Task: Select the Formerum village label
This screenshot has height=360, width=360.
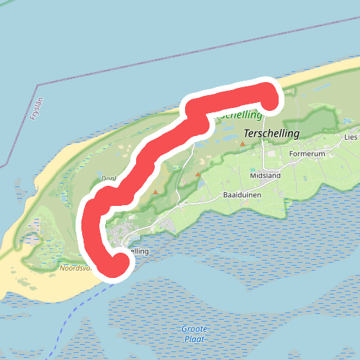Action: point(307,154)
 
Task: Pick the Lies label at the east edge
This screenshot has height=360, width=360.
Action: point(351,136)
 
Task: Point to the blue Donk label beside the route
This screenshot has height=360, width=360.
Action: point(108,179)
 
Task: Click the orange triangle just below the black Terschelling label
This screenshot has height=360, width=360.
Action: point(243,144)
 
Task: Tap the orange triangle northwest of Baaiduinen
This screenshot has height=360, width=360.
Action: point(198,174)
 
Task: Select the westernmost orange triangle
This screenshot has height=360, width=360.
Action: point(154,192)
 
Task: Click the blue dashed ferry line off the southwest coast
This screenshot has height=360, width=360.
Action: point(72,317)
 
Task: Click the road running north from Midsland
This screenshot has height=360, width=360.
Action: point(264,144)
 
